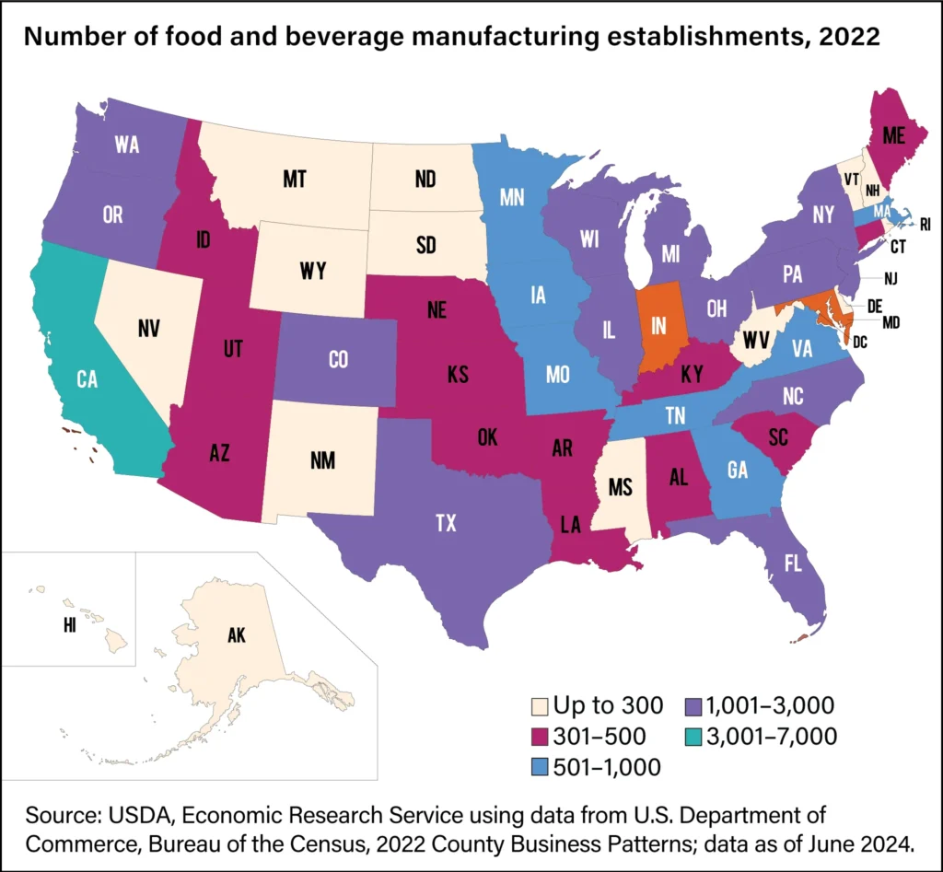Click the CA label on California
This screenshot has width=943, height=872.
coord(87,379)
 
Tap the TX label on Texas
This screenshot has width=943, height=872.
coord(446,523)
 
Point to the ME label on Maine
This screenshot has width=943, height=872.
coord(891,134)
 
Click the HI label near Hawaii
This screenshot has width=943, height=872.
coord(70,625)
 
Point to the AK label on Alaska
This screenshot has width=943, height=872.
coord(238,635)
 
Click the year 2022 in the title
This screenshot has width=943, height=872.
coord(852,39)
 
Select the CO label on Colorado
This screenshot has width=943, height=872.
coord(338,361)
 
